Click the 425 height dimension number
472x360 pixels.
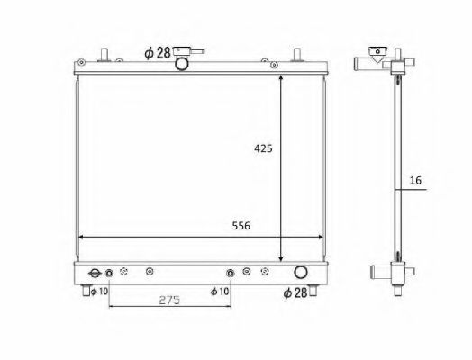click(261, 147)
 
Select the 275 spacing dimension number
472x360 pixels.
click(168, 300)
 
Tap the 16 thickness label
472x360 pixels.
click(414, 181)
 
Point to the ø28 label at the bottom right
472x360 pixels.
click(296, 292)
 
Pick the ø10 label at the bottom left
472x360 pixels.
click(96, 291)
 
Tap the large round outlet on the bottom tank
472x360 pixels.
click(300, 273)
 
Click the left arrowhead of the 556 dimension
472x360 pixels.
click(84, 237)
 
